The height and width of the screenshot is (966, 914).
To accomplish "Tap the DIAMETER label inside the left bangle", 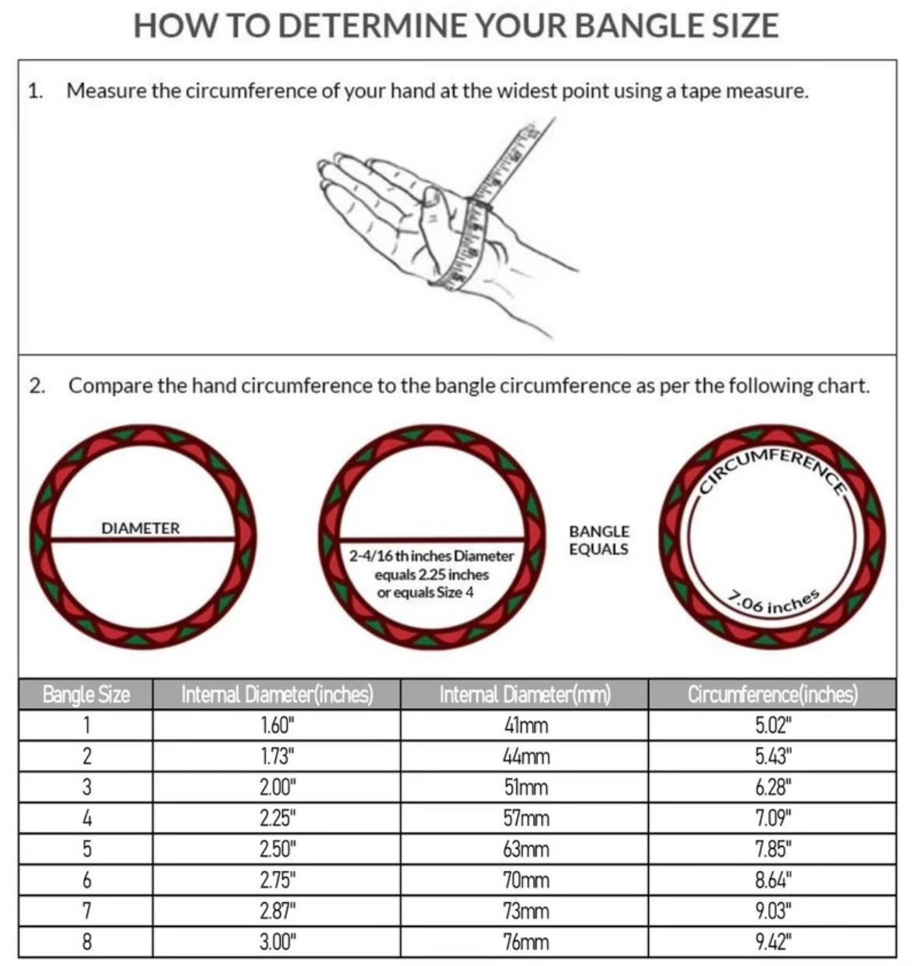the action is [140, 528].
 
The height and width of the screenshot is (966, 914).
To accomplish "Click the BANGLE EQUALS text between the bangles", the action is [599, 540].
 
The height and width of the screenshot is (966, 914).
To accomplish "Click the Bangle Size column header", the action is [86, 694].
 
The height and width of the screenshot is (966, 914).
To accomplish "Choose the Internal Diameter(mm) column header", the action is [525, 694].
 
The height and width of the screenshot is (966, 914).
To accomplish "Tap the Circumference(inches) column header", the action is [772, 694].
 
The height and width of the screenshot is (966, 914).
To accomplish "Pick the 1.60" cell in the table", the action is [278, 725].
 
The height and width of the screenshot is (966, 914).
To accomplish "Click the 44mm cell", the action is [526, 756].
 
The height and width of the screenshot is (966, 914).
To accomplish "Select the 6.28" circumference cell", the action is [774, 787].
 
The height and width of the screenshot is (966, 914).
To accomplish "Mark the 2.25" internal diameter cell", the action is [278, 818].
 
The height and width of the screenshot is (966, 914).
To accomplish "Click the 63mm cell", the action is [526, 849].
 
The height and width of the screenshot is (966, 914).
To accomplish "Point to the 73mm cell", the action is [526, 911].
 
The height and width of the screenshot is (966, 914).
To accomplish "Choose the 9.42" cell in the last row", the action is [774, 942].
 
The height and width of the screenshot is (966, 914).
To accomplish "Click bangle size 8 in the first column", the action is [87, 942].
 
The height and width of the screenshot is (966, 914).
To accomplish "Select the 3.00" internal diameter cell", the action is [278, 942].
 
